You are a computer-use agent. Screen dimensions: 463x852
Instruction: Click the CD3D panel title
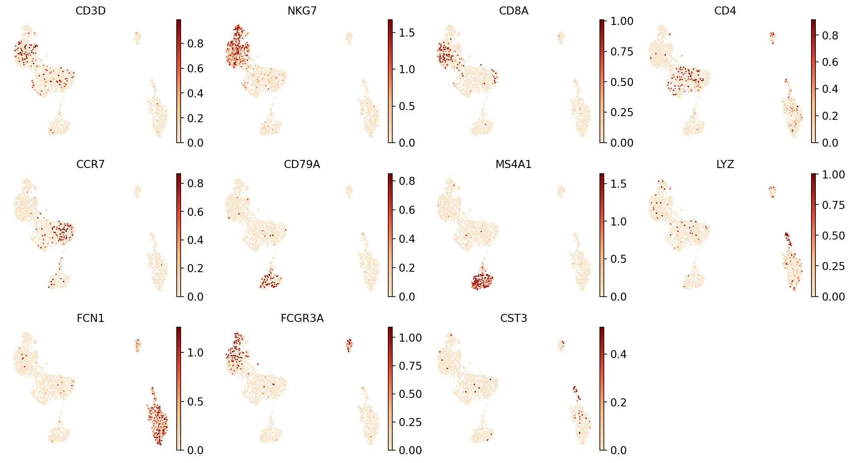[x=90, y=11]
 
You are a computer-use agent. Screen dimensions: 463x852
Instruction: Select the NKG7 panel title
[x=302, y=11]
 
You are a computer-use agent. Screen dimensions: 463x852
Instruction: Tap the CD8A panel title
[x=514, y=11]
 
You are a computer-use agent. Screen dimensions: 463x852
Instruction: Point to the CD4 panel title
[x=725, y=11]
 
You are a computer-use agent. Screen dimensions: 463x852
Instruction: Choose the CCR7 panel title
[x=90, y=164]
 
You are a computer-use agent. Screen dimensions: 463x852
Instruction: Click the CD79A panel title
[x=302, y=164]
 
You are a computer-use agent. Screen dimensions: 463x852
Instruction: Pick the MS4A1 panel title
[x=514, y=164]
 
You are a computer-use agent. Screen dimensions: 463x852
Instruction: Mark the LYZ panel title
[x=725, y=164]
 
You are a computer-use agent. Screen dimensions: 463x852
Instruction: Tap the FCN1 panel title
[x=90, y=318]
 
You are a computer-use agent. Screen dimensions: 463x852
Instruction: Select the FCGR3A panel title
[x=302, y=318]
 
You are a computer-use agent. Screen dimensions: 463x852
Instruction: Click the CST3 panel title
[x=514, y=318]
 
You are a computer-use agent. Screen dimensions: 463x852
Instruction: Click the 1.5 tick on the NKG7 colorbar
[x=406, y=33]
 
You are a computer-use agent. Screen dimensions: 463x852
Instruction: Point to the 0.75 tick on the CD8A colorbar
[x=622, y=52]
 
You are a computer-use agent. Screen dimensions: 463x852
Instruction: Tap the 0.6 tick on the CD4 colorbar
[x=830, y=62]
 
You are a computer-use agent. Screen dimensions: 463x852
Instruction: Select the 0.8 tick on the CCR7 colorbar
[x=195, y=184]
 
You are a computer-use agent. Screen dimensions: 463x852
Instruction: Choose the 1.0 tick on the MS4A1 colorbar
[x=618, y=222]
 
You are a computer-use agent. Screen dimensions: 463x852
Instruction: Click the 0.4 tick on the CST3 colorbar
[x=618, y=354]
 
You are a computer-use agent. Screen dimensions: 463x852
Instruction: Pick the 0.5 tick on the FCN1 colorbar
[x=195, y=402]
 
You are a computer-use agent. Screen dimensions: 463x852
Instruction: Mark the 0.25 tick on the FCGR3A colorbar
[x=410, y=422]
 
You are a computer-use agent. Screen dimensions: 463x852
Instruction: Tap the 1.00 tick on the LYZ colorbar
[x=833, y=175]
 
